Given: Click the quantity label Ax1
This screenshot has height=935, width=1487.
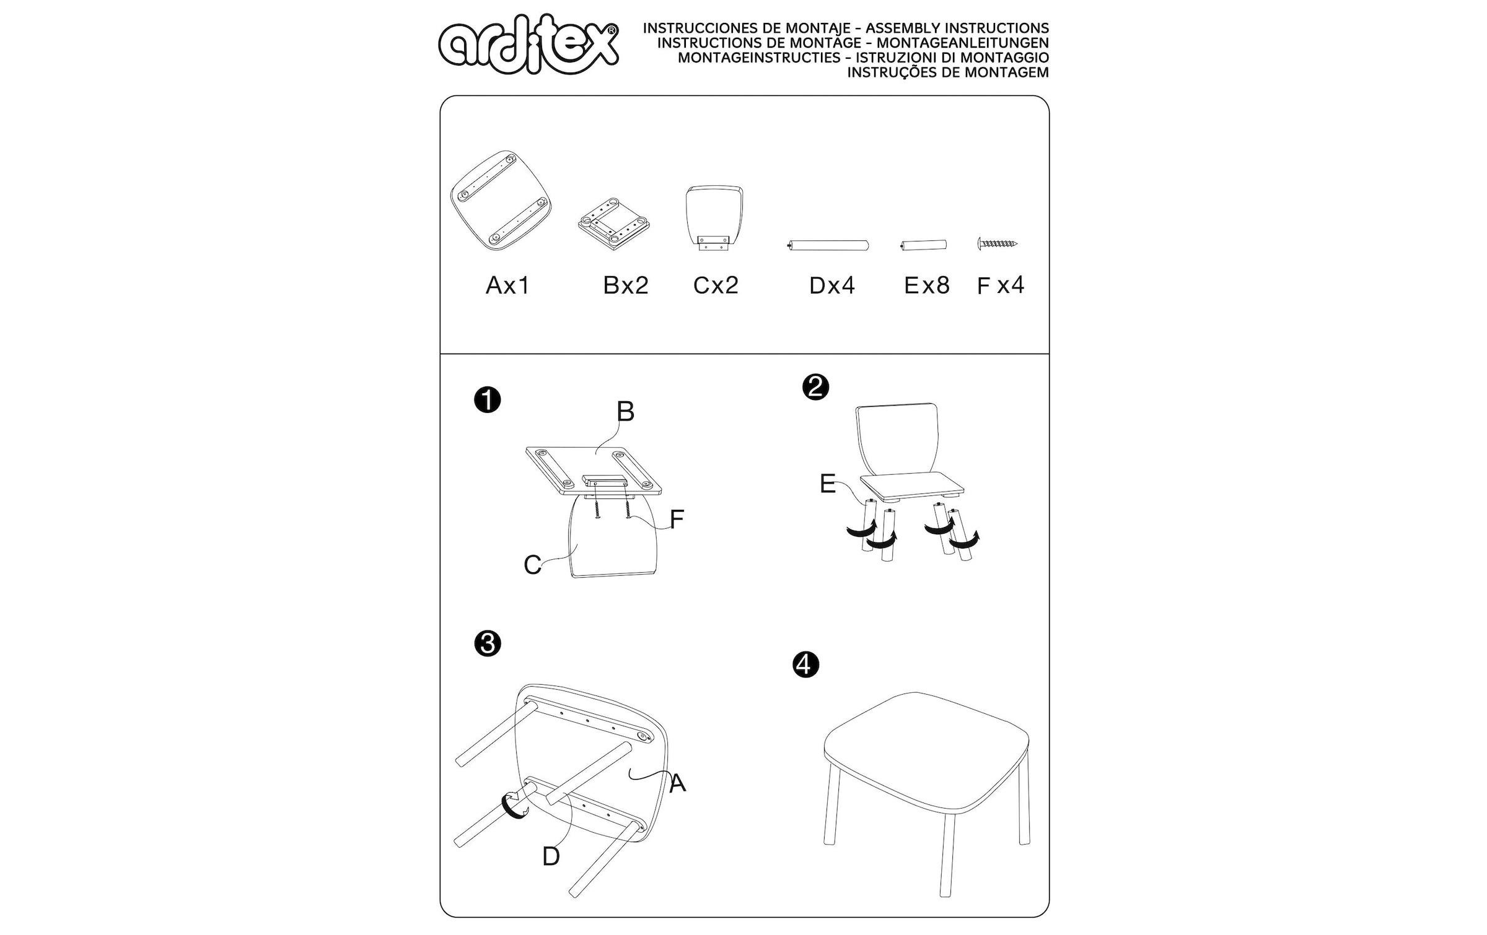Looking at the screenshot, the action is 508,285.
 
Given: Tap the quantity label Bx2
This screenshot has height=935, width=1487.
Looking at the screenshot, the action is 626,285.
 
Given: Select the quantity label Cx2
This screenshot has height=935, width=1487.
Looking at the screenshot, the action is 716,285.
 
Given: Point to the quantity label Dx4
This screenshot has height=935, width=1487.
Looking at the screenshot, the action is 832,285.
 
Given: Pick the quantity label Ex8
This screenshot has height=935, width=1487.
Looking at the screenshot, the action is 927,285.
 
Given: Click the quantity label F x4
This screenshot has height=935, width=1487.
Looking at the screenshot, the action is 1001,285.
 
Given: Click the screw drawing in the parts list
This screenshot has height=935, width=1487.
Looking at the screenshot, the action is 998,243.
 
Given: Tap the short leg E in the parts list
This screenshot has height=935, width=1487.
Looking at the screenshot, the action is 923,245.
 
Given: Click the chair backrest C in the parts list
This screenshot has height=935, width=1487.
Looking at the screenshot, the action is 714,217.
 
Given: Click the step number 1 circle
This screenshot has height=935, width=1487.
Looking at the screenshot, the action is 488,400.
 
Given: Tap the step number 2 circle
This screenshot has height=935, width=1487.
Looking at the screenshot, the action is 815,387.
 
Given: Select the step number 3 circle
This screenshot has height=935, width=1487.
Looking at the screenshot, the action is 488,644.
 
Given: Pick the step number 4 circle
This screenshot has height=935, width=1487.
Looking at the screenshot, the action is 805,664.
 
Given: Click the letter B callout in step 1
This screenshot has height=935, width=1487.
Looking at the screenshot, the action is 626,412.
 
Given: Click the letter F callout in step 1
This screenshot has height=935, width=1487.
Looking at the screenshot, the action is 677,520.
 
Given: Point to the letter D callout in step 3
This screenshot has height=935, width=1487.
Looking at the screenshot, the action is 551,856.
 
